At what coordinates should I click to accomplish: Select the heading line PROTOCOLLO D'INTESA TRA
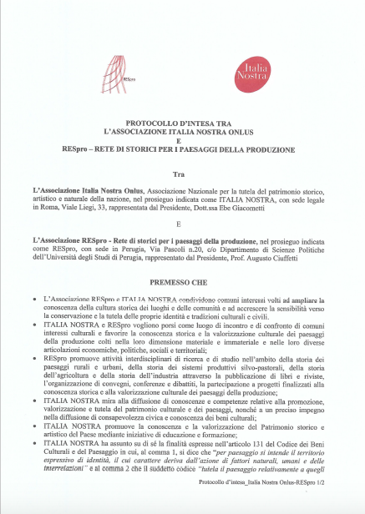(x=182, y=123)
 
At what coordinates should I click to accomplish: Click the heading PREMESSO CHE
(x=182, y=283)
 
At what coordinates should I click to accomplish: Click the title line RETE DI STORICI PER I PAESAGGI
(x=196, y=150)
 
